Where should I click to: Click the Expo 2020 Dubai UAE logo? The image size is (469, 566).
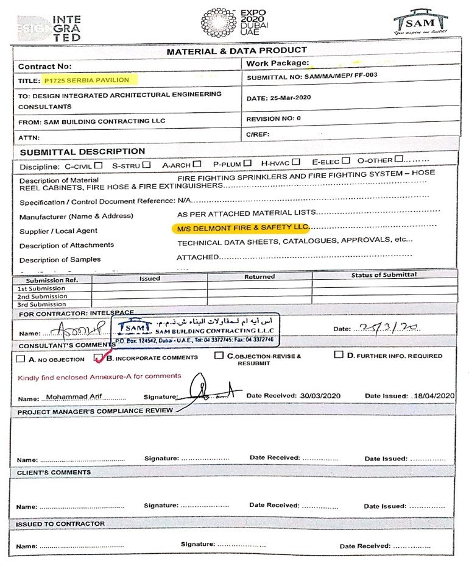233,23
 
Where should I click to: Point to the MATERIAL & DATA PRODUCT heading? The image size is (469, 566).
237,51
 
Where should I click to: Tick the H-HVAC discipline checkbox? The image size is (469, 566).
295,162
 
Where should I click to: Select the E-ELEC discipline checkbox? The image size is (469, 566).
345,161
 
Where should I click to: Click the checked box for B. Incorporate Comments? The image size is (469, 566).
99,357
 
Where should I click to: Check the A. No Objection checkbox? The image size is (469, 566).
21,359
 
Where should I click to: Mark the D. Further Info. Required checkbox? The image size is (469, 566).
339,354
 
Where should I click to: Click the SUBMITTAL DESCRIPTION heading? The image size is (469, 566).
82,151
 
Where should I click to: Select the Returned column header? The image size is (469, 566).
259,277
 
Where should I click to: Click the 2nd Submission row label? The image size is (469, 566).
42,296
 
